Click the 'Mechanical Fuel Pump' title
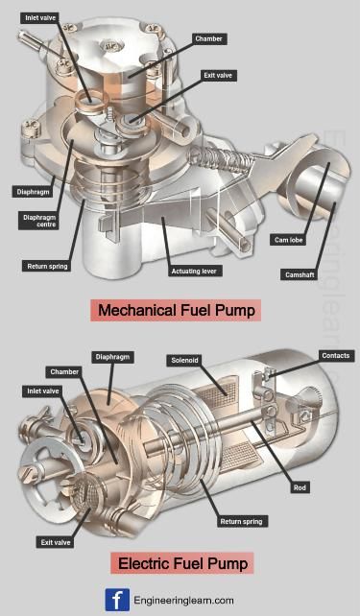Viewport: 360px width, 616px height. click(x=177, y=310)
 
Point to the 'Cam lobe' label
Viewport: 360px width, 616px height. click(x=290, y=239)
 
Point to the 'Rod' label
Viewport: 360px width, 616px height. click(x=300, y=487)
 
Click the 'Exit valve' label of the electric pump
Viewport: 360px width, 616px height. click(x=54, y=542)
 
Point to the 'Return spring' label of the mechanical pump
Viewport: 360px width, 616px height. click(x=45, y=266)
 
